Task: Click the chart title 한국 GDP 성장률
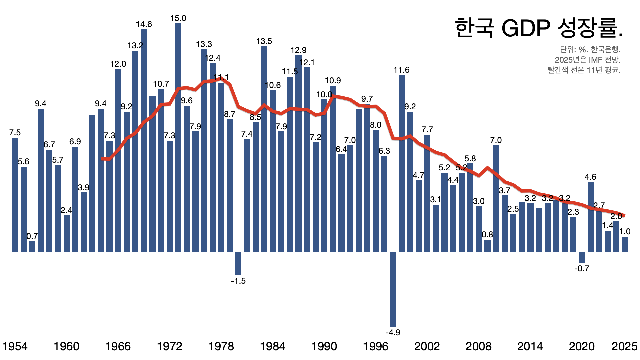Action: coord(539,28)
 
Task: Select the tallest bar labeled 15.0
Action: coord(178,137)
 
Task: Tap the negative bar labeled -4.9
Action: coord(393,289)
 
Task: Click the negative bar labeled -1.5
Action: coord(238,263)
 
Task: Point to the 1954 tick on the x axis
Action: coord(15,347)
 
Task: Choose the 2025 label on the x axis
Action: coord(624,347)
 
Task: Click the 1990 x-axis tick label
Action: coord(324,347)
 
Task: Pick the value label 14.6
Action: coord(144,24)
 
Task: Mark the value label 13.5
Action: coord(264,41)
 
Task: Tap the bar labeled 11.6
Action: coord(402,163)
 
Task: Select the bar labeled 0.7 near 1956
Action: coord(32,246)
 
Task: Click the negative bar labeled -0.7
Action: coord(582,257)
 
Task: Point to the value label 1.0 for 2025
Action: coord(625,232)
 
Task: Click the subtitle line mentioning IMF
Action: coord(587,60)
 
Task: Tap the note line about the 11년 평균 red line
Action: coord(584,70)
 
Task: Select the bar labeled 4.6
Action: coord(591,217)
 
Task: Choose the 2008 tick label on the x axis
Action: coord(478,347)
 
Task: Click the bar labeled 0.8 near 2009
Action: coord(487,245)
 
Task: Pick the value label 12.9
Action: coord(298,50)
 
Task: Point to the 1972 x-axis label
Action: coord(169,347)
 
